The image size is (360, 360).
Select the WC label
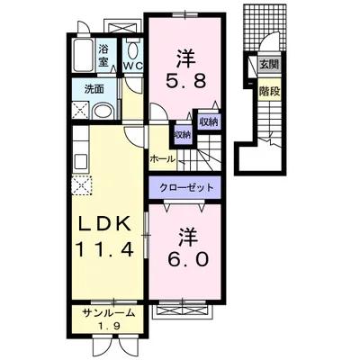click(x=135, y=65)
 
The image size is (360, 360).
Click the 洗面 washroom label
click(x=94, y=90)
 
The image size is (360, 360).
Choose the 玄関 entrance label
click(x=268, y=64)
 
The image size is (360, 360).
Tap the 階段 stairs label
click(x=268, y=90)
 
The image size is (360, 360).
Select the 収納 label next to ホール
click(x=182, y=134)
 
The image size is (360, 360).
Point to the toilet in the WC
click(x=135, y=49)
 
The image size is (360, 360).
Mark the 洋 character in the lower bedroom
click(x=186, y=236)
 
